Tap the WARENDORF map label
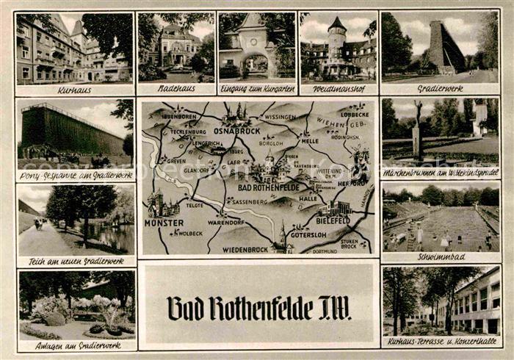pos(226,221)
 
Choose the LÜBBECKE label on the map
pos(354,115)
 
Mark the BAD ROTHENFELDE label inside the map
pos(268,187)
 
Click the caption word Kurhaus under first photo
pos(73,89)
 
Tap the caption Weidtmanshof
pos(338,89)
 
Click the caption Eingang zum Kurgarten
pos(257,89)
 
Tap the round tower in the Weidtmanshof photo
pos(336,40)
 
